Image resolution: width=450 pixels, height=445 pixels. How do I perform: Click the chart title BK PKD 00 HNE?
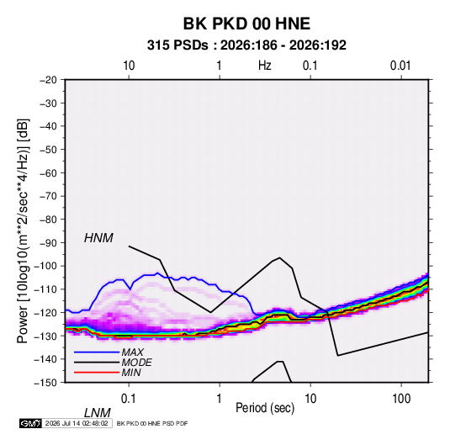click(x=246, y=24)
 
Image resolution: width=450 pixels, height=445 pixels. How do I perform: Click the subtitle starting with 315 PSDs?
click(x=246, y=45)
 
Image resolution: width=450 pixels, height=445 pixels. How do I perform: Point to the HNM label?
click(x=98, y=238)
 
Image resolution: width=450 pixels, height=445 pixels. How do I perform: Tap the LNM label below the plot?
click(x=98, y=413)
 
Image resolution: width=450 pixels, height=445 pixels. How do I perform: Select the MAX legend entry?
click(x=132, y=352)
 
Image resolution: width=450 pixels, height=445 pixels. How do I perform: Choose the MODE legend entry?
click(x=136, y=363)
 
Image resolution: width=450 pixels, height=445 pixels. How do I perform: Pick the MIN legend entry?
click(x=131, y=373)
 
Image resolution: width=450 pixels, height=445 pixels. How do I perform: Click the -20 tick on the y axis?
click(x=48, y=80)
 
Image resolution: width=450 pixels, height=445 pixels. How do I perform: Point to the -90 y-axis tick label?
click(x=48, y=243)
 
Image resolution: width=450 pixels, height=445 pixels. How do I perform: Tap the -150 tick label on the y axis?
click(x=45, y=383)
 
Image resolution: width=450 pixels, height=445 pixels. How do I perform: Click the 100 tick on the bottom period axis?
click(x=401, y=399)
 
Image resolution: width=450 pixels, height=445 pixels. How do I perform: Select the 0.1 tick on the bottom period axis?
click(x=129, y=399)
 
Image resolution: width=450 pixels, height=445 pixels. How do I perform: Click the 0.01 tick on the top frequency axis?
click(x=400, y=66)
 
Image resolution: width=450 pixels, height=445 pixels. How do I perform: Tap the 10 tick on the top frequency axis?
click(x=129, y=66)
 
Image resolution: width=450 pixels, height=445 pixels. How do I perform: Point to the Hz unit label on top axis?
click(x=265, y=66)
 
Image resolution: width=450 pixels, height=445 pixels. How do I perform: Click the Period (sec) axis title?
click(x=265, y=408)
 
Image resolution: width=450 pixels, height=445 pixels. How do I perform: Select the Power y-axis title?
click(x=23, y=231)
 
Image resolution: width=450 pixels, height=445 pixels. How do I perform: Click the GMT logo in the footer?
click(x=30, y=423)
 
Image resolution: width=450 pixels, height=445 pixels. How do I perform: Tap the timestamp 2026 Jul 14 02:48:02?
click(x=77, y=423)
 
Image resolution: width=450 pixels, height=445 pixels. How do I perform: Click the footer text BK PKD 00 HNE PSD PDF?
click(x=152, y=423)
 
